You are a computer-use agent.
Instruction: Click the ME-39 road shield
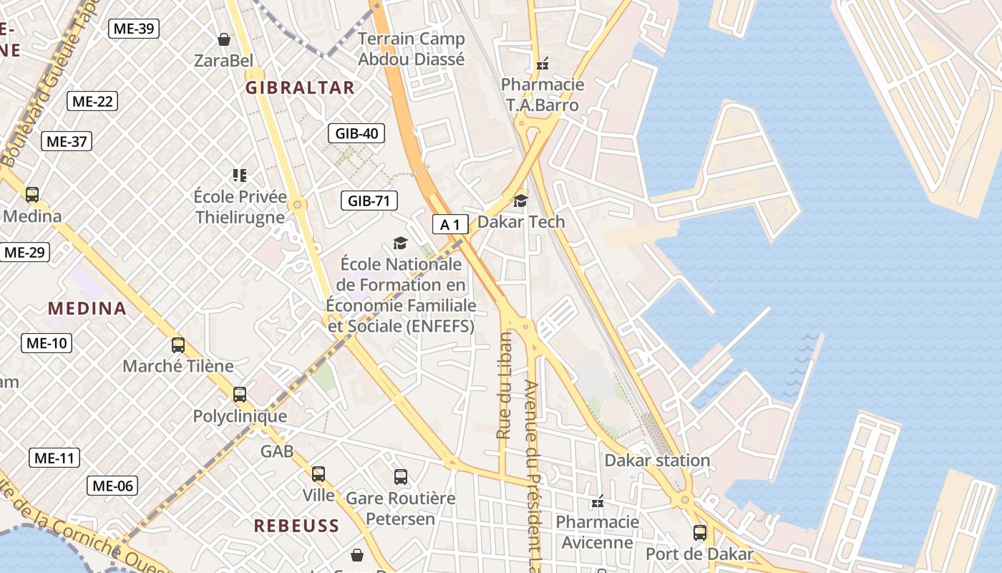point(134,29)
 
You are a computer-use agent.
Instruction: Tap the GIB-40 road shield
point(356,133)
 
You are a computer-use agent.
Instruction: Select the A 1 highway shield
point(450,225)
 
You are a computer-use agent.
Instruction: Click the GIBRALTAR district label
point(300,88)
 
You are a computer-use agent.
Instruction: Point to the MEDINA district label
point(87,309)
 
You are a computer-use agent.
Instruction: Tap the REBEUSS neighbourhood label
point(296,526)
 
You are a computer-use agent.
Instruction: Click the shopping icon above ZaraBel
point(224,39)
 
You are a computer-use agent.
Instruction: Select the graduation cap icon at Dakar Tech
point(520,201)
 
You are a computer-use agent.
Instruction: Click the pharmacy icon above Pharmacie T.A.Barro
point(543,64)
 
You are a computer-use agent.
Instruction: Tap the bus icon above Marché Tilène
point(178,345)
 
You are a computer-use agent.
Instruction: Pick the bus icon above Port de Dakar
point(699,533)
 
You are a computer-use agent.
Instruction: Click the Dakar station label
point(657,461)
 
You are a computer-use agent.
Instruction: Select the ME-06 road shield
point(112,486)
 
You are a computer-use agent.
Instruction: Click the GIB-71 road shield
point(369,201)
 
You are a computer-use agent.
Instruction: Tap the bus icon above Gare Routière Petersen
point(401,477)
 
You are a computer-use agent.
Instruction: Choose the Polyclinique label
point(240,416)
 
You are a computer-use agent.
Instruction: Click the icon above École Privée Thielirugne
point(240,175)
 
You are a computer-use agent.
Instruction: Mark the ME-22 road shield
point(92,101)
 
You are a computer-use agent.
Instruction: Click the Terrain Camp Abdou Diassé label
point(411,49)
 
